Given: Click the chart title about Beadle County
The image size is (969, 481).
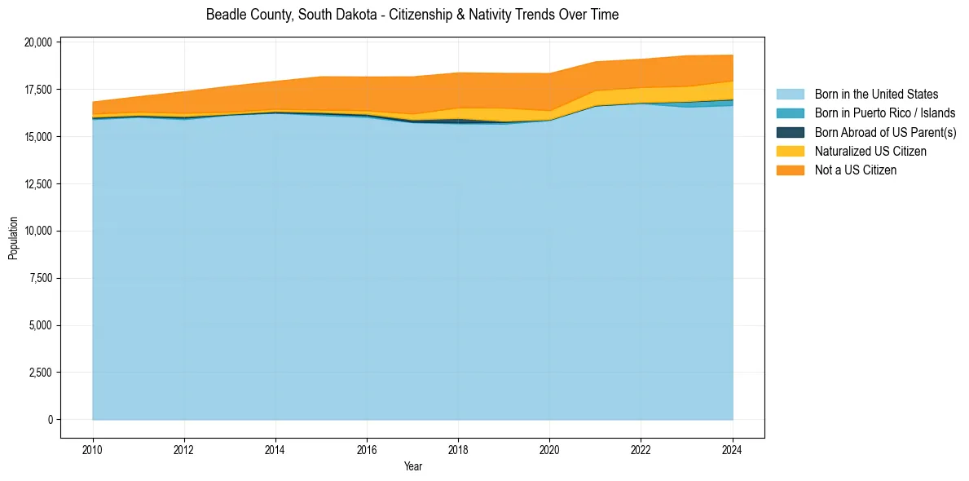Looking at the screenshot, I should [x=412, y=15].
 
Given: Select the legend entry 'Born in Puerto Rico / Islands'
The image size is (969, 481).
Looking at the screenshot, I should [x=885, y=113].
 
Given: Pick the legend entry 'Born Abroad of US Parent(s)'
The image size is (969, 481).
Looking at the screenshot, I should [x=885, y=132].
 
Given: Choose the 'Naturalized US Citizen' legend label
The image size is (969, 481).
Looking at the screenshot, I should [x=870, y=151].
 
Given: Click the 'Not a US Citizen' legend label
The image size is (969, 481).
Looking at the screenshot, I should [x=856, y=170].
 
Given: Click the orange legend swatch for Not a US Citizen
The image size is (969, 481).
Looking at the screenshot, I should [x=790, y=170].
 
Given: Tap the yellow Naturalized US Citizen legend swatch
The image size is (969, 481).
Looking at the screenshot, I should [x=790, y=151].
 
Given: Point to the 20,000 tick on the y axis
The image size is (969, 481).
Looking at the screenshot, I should [x=37, y=42].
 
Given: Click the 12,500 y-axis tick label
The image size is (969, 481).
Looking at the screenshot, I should [x=37, y=184].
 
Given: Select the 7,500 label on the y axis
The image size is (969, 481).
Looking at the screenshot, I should [x=40, y=279].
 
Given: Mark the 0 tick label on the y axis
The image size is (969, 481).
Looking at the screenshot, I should [x=50, y=420].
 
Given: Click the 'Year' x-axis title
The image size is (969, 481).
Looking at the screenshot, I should [x=413, y=466].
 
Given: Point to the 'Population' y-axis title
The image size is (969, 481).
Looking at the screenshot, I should [x=13, y=238].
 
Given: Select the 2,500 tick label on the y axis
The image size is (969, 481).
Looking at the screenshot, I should [x=40, y=373].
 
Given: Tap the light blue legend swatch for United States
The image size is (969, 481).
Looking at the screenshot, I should [x=790, y=95].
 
